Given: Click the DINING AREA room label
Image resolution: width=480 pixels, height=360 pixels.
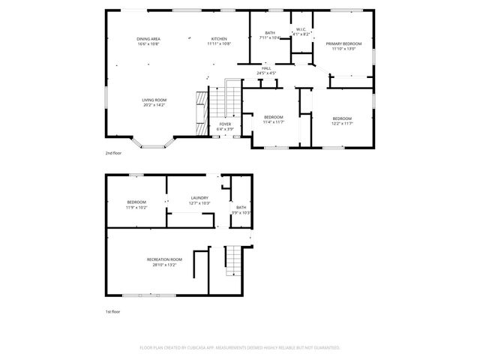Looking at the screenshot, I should click(148, 39).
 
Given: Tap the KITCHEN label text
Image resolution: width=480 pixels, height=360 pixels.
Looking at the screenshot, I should click(219, 39).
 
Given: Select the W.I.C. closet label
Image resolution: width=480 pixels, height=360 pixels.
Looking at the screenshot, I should click(301, 29).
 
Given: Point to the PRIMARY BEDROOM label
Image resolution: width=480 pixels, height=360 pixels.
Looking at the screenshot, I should click(343, 44).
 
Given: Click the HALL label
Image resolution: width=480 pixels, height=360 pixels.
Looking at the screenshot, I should click(266, 68).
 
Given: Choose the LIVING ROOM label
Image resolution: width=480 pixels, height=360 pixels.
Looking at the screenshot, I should click(154, 100).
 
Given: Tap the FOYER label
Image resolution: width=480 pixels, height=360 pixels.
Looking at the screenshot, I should click(225, 125).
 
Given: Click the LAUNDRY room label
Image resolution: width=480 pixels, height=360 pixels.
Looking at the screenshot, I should click(199, 198).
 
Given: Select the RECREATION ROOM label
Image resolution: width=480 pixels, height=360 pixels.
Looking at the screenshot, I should click(164, 259).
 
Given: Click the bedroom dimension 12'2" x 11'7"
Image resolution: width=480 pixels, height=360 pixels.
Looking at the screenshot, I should click(342, 124).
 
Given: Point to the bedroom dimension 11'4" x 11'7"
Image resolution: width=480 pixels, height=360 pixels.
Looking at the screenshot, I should click(273, 123).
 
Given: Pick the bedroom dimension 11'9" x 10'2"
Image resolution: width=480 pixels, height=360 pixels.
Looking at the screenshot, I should click(136, 207).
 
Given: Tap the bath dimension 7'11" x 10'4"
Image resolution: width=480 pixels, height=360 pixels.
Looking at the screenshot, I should click(269, 37).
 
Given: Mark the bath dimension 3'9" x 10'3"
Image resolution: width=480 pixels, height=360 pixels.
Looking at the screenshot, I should click(241, 213).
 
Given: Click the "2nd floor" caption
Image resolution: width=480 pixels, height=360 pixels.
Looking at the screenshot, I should click(113, 152).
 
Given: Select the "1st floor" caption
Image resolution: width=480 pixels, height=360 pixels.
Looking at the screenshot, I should click(112, 310).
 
